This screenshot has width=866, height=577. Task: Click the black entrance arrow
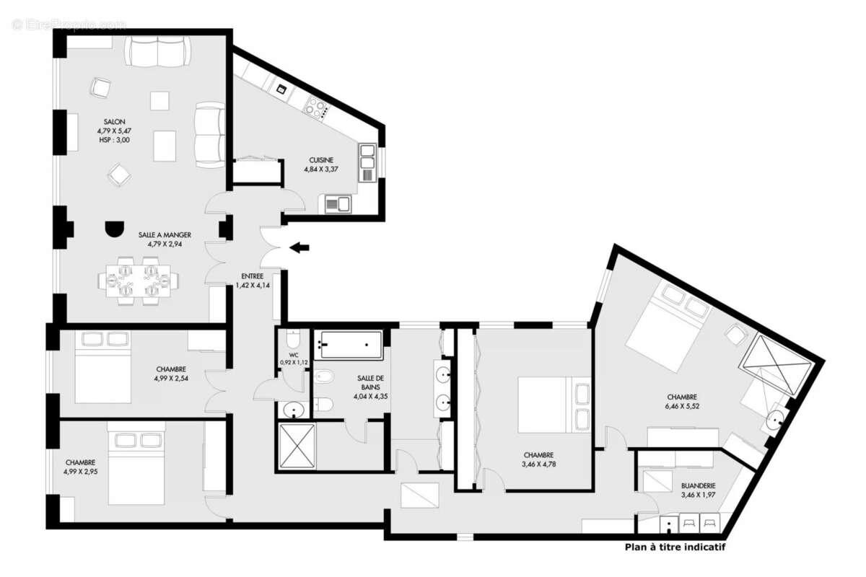tap(299, 248)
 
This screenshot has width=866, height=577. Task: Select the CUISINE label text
tap(321, 160)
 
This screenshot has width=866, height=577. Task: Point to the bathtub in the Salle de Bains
tap(351, 345)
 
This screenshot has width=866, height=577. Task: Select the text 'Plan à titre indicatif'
tap(674, 547)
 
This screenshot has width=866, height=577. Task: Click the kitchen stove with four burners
tap(316, 108)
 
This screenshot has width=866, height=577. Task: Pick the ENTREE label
tap(252, 276)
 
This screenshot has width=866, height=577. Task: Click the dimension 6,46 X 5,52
tap(681, 406)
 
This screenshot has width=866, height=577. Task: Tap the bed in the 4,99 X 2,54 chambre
tap(102, 366)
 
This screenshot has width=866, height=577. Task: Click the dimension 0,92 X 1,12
tap(294, 363)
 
